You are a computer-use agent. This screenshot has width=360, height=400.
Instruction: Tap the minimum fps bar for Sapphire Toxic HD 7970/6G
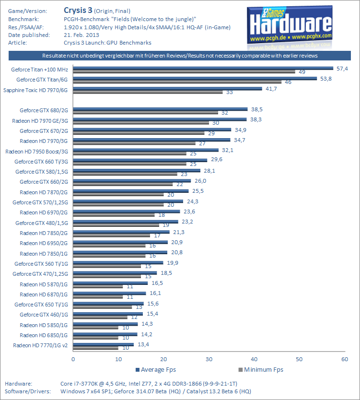click(148, 92)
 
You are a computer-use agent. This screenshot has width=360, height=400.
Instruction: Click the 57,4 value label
click(342, 69)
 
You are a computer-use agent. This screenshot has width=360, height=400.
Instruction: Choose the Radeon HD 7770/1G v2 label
click(41, 345)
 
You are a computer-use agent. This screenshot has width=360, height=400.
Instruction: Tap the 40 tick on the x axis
click(254, 359)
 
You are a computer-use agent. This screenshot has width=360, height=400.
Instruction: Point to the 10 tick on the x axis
click(118, 359)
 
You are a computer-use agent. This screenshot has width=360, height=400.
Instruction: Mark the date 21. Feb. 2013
click(82, 35)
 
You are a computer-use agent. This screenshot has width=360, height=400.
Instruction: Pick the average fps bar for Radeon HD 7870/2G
click(130, 191)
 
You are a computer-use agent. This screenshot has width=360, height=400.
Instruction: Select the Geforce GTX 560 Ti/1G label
click(42, 264)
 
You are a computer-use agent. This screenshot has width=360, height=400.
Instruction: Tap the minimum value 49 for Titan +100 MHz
click(302, 72)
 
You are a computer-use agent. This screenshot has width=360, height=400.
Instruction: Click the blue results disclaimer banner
click(180, 56)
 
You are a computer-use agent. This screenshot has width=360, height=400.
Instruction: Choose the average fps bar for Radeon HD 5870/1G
click(110, 283)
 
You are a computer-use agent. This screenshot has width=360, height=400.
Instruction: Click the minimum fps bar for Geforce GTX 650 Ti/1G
click(103, 307)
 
